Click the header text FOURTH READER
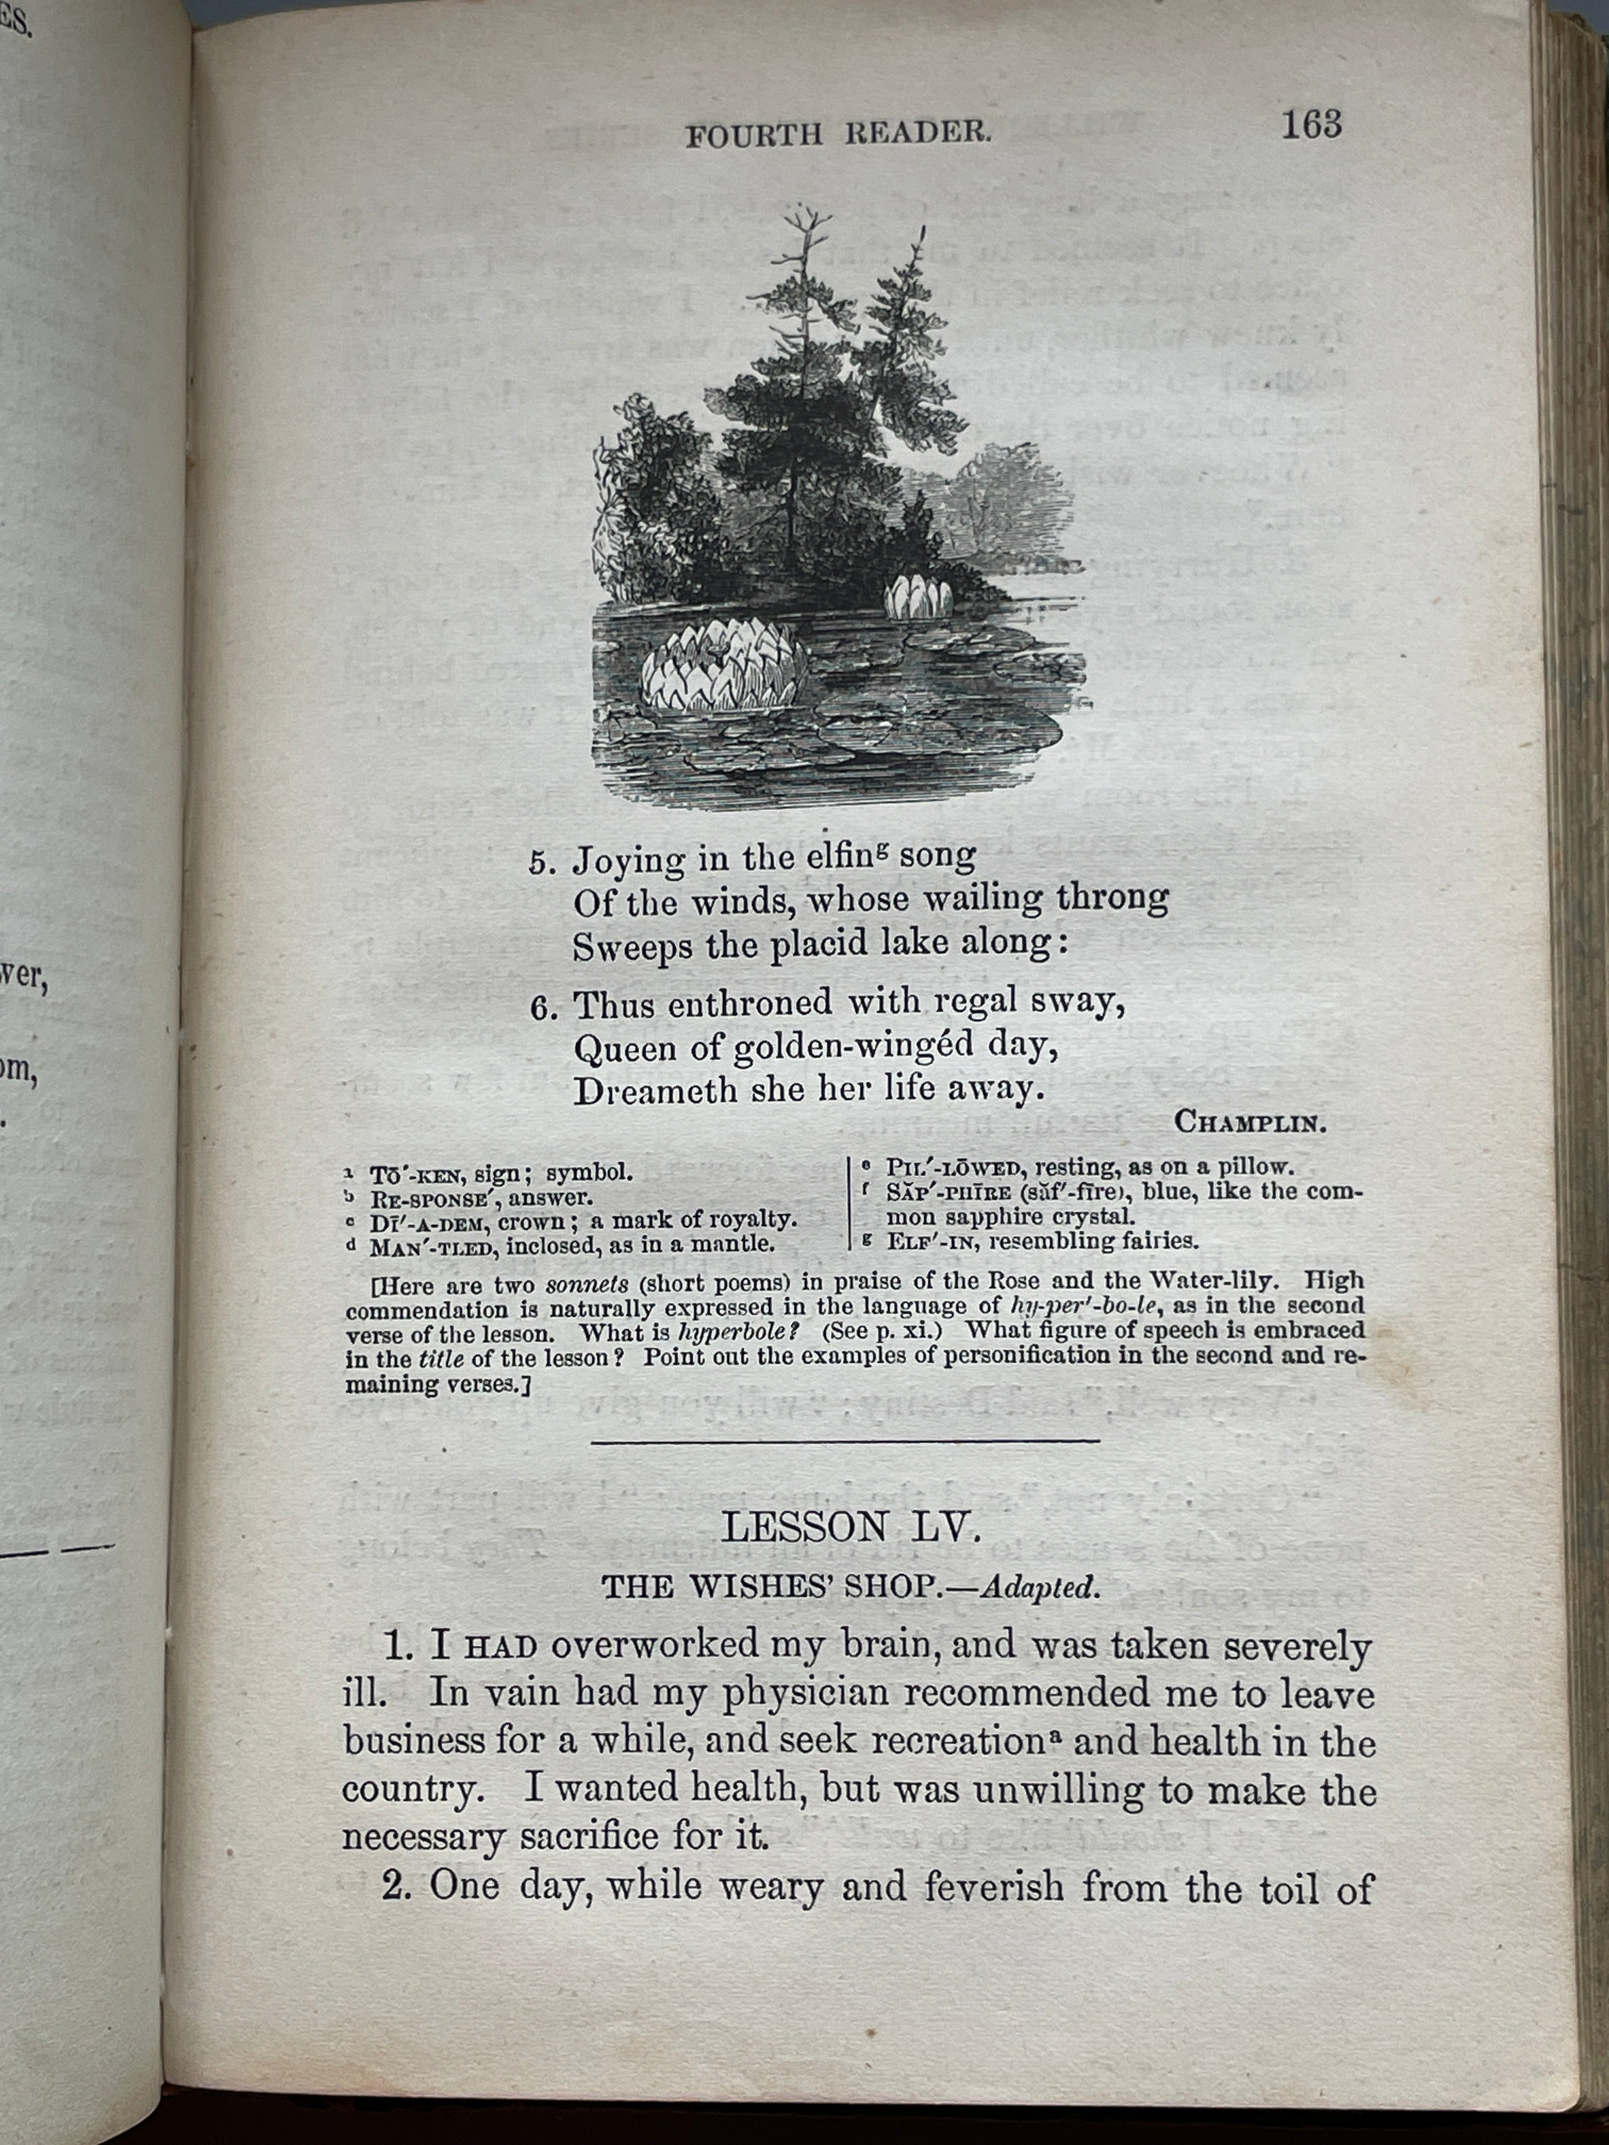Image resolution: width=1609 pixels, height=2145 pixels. coord(838,134)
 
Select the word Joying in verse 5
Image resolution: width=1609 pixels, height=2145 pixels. coord(628,859)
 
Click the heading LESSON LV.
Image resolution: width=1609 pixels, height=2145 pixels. coord(851,1527)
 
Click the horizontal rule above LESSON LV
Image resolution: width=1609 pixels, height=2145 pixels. coord(844,1441)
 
